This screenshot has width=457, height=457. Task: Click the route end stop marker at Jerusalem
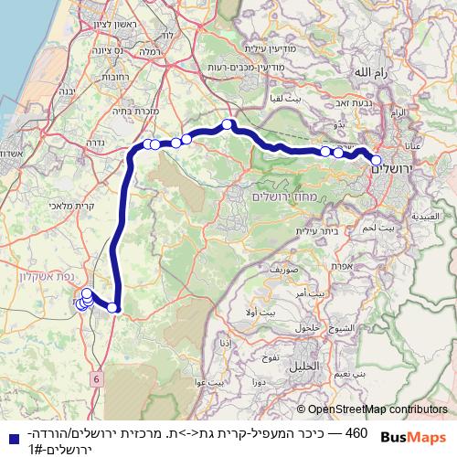point(376,161)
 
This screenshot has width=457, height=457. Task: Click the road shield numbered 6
point(96,377)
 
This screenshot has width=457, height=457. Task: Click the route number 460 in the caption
point(356,431)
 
